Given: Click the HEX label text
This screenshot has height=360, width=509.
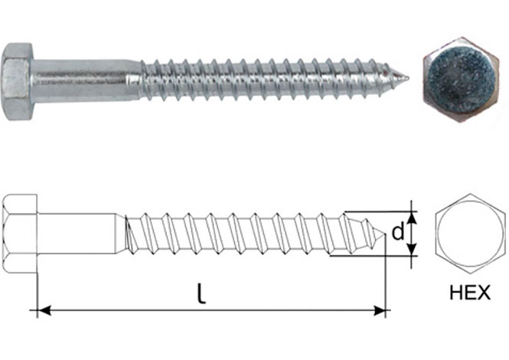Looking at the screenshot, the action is click(x=470, y=293).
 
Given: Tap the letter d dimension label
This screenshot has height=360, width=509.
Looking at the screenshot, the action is click(x=398, y=232).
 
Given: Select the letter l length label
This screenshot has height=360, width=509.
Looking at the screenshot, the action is click(x=202, y=293).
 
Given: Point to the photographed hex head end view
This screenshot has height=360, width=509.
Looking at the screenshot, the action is click(x=461, y=80).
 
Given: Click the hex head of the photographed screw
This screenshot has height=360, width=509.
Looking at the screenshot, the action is click(x=17, y=81).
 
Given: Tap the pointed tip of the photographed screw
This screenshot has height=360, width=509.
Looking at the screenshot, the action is click(x=408, y=78).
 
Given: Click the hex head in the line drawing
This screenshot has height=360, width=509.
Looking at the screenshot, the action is click(x=20, y=234).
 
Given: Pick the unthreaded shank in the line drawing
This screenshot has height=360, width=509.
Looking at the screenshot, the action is click(x=77, y=234).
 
